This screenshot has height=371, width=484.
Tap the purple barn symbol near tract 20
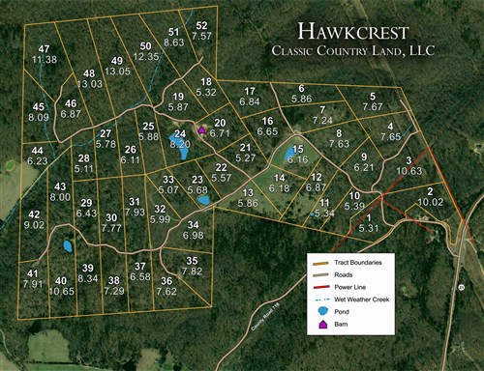coord(201,128)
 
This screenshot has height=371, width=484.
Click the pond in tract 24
coord(181,149)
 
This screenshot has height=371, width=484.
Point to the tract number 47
coord(45,48)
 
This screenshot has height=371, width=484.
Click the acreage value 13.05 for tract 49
coord(118,71)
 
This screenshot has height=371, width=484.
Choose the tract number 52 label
coord(201,25)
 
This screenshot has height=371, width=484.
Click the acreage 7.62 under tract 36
coord(166,290)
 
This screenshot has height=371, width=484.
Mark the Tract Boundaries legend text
coord(360,262)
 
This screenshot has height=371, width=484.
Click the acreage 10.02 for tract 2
coord(431,203)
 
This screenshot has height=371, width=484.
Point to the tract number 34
coord(193,224)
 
